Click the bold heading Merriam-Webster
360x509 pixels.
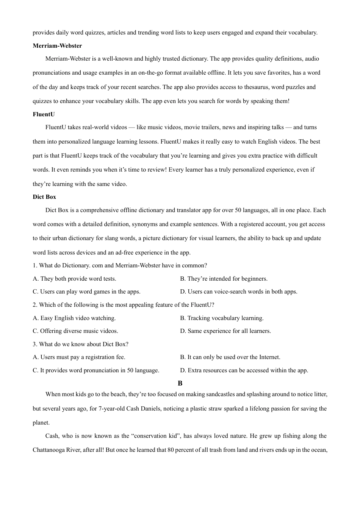(57, 46)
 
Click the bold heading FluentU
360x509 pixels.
(44, 114)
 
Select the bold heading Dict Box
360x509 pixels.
(44, 197)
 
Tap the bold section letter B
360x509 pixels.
(180, 383)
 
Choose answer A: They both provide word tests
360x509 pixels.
(74, 279)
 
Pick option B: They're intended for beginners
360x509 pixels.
(224, 279)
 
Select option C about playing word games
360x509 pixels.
(86, 292)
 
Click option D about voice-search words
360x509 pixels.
(238, 292)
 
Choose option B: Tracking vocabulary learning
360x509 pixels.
(222, 318)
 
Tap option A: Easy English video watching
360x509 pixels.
(74, 318)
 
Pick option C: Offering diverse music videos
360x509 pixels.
(75, 331)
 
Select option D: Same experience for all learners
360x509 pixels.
(225, 331)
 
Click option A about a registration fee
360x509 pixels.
(79, 357)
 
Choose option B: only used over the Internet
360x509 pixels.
(230, 357)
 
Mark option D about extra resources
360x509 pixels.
(244, 370)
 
